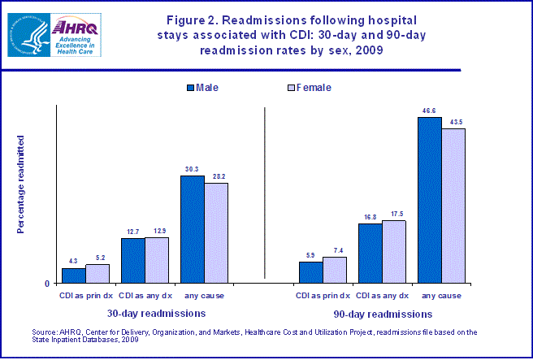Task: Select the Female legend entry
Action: click(x=309, y=87)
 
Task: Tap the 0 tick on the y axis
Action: click(x=46, y=284)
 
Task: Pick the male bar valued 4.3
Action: click(x=74, y=275)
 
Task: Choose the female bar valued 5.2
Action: click(x=97, y=274)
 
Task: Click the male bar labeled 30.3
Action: click(x=192, y=229)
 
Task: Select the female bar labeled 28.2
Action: click(x=215, y=232)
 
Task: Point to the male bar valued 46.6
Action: click(x=429, y=200)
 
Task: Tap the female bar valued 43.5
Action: click(x=453, y=206)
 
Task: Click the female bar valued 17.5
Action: click(x=393, y=252)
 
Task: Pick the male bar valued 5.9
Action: click(x=310, y=272)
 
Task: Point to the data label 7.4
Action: click(x=335, y=250)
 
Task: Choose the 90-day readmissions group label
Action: click(x=382, y=312)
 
